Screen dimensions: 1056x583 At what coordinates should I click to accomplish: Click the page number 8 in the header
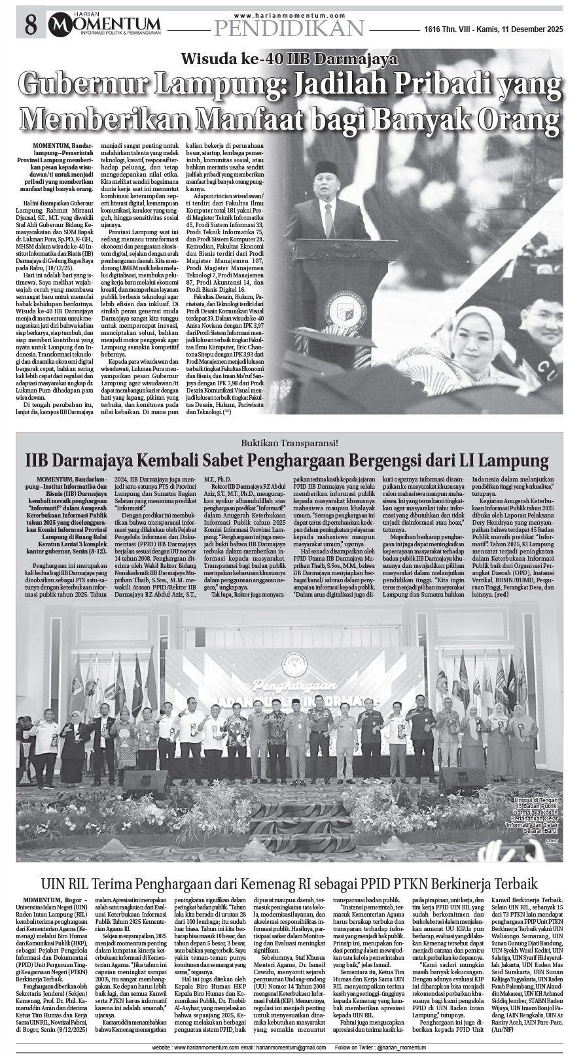tap(30, 26)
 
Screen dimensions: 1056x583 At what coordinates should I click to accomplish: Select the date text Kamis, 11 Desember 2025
tap(520, 29)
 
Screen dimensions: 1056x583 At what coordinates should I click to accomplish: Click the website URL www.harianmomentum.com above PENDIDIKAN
tap(289, 15)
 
